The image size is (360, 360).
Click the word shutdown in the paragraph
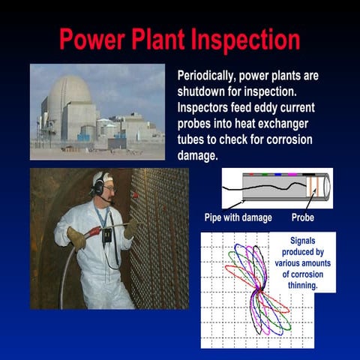point(202,90)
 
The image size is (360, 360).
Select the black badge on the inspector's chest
point(107,235)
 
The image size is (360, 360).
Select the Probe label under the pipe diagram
point(302,218)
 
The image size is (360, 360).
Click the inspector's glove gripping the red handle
point(76,238)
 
